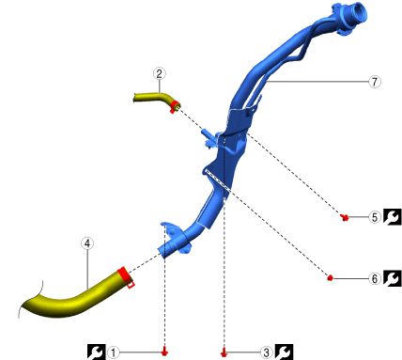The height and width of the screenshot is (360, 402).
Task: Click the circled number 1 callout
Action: click(114, 352)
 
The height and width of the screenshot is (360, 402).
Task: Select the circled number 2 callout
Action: click(160, 73)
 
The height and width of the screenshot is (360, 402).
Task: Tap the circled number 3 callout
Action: click(266, 352)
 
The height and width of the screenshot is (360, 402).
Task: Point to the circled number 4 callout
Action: click(87, 243)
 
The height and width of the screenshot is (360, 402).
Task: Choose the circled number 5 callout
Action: click(375, 217)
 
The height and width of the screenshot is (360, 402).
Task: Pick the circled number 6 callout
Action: click(375, 278)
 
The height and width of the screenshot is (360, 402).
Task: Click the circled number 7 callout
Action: click(375, 82)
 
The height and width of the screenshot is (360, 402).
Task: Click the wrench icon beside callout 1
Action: click(96, 352)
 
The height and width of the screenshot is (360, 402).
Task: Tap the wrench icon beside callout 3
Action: click(284, 352)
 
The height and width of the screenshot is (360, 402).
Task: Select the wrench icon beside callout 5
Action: click(393, 217)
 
